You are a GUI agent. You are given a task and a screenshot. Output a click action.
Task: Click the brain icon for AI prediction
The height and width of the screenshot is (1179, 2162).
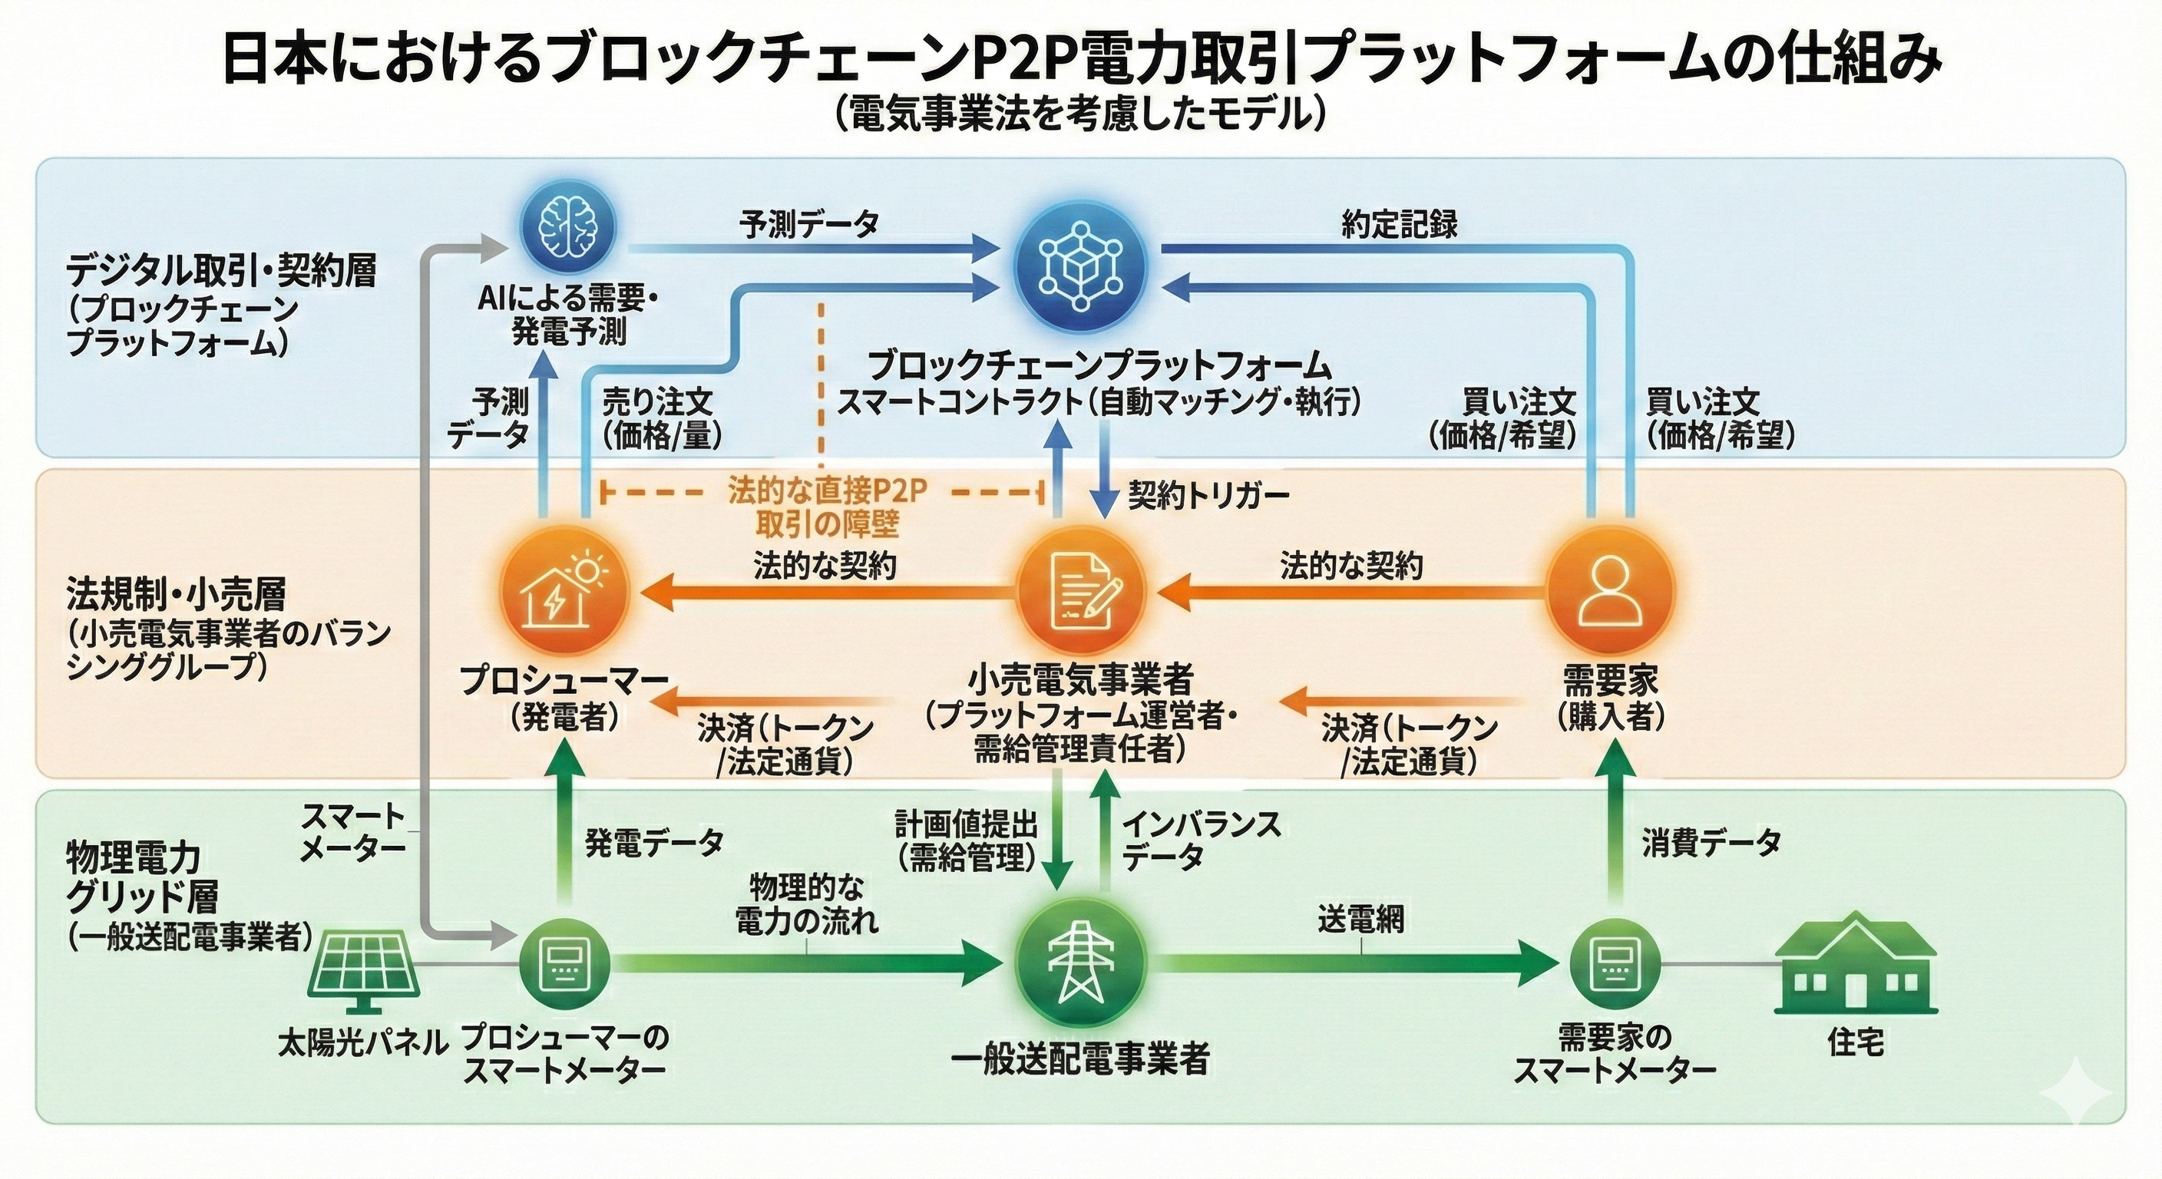tap(569, 227)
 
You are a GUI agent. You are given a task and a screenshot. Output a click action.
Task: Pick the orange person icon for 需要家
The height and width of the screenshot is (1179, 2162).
tap(1609, 593)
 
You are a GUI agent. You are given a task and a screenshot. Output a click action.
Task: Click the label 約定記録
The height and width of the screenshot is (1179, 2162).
tap(1399, 225)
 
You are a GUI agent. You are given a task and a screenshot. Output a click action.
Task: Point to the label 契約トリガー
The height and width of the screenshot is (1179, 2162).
tap(1208, 496)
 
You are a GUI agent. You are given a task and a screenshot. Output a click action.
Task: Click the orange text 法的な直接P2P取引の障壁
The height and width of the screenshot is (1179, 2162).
tap(827, 507)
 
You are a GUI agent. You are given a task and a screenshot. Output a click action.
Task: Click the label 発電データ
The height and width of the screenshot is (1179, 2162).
tap(654, 842)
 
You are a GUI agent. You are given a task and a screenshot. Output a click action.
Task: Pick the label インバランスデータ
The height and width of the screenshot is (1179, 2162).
tap(1200, 840)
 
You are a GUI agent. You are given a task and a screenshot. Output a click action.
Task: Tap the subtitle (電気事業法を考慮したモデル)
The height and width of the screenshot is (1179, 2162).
tap(1081, 115)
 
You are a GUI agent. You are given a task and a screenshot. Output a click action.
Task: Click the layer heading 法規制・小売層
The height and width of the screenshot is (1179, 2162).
tap(177, 594)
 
